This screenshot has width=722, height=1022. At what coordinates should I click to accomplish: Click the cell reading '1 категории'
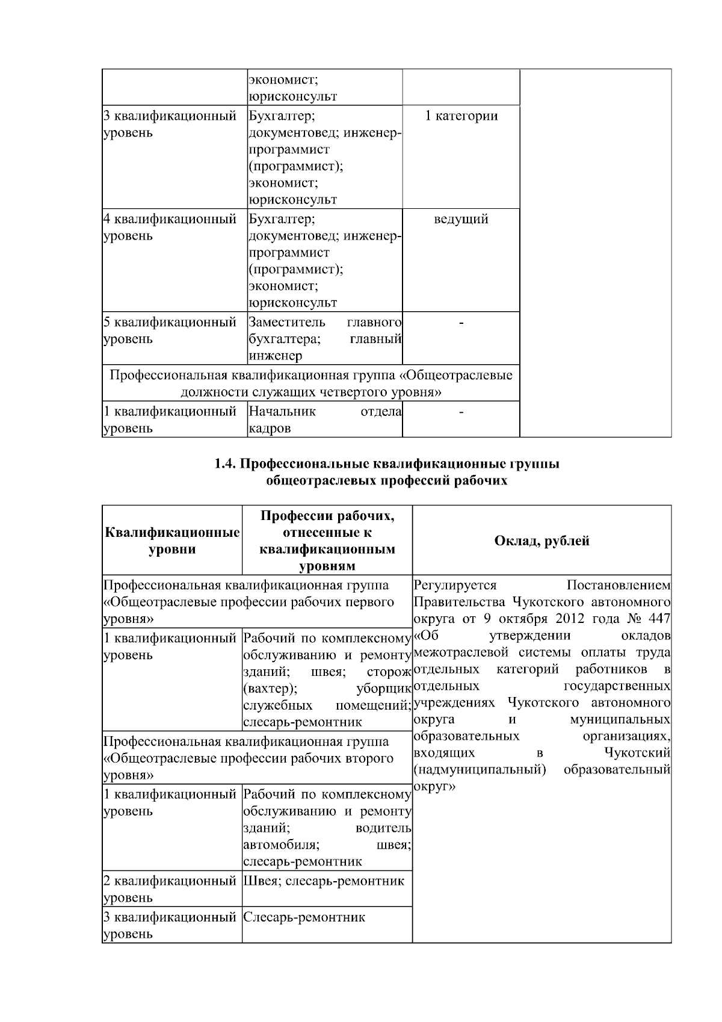[x=461, y=116]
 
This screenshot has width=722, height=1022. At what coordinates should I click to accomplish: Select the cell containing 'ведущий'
[x=461, y=219]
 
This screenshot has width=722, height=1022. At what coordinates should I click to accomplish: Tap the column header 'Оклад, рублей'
[x=541, y=540]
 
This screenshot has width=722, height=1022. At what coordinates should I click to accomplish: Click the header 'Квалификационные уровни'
[x=172, y=540]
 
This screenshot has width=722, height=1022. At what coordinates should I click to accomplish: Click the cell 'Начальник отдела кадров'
[x=325, y=420]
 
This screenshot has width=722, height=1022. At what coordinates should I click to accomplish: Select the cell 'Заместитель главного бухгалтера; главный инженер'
[x=325, y=339]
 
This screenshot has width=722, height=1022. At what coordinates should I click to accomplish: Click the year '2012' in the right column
[x=569, y=619]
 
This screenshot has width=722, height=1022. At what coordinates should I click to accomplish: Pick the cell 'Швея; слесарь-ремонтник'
[x=324, y=882]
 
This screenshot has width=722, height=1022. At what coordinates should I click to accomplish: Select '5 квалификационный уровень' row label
[x=170, y=330]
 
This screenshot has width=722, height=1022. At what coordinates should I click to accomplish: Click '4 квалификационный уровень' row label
[x=170, y=227]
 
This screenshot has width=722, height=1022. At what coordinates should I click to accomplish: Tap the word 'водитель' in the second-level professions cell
[x=383, y=829]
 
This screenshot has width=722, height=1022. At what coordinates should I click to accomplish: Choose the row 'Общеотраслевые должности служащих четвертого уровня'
[x=311, y=384]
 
